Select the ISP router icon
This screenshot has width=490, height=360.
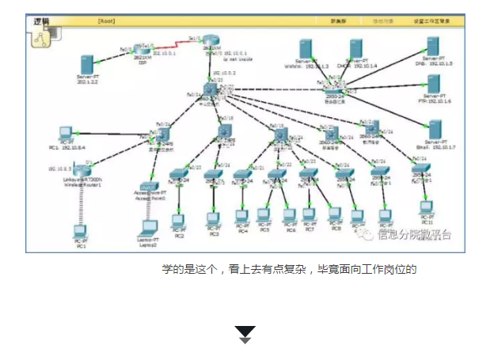coord(142,51)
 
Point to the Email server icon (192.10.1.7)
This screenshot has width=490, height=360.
coord(434,129)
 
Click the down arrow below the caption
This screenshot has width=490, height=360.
coord(245,333)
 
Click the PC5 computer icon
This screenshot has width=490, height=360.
coord(264,214)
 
